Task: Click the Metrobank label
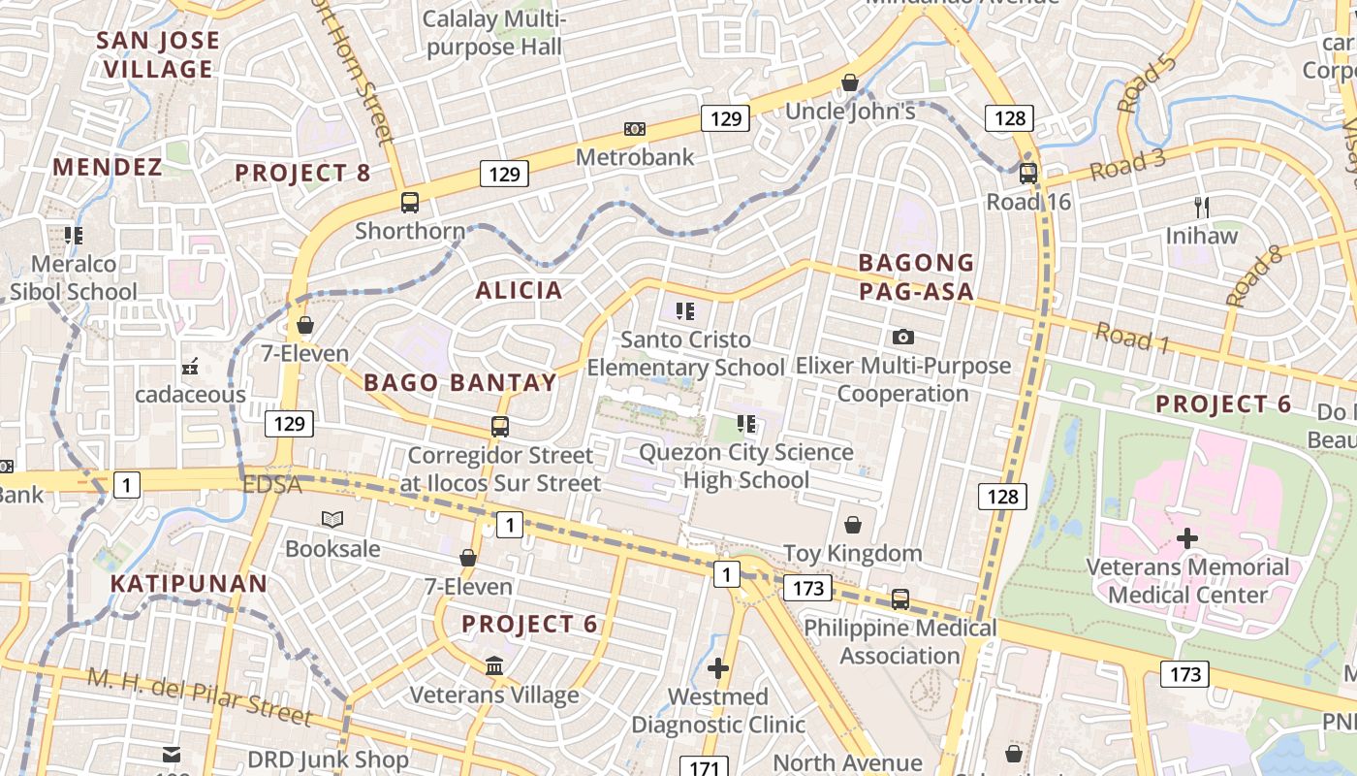click(x=635, y=156)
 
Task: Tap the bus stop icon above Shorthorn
click(x=410, y=203)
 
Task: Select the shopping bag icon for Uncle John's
click(x=850, y=82)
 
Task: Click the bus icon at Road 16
click(x=1028, y=174)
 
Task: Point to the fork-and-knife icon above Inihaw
click(x=1202, y=207)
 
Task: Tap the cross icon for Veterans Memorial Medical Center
click(x=1187, y=538)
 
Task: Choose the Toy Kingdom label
click(x=852, y=554)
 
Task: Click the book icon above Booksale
click(x=332, y=520)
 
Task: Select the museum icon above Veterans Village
click(x=494, y=665)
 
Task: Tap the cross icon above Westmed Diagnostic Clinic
click(x=718, y=668)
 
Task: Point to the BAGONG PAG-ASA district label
click(x=916, y=276)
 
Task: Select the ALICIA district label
click(x=519, y=290)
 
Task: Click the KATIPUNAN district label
click(x=188, y=583)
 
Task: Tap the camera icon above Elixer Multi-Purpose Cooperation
click(x=903, y=337)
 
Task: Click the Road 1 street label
click(x=1132, y=338)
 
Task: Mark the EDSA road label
click(x=273, y=484)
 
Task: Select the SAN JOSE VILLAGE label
click(x=159, y=54)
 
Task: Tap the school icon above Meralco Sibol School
click(x=74, y=235)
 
